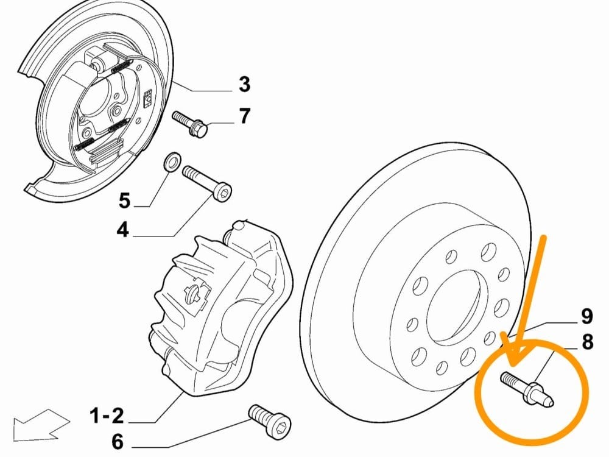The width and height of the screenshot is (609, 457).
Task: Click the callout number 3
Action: (244, 84)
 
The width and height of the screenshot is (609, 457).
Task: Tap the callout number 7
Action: (244, 116)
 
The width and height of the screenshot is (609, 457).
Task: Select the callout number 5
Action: (124, 201)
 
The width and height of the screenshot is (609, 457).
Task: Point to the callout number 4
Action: (123, 230)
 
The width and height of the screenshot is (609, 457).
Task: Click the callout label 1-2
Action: (107, 416)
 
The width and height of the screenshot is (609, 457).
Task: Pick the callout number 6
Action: (118, 441)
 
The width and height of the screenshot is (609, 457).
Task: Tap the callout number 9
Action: (586, 316)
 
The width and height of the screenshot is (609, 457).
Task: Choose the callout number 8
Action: (587, 342)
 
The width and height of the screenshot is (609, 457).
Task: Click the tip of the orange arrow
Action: (513, 366)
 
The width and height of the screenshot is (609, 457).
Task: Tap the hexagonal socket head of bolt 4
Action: (222, 191)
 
